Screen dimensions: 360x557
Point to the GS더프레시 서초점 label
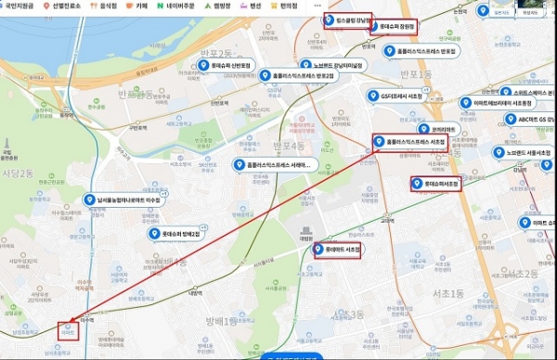tap(408, 96)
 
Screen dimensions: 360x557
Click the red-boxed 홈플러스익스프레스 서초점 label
tap(409, 142)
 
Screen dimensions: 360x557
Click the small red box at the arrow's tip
tap(65, 331)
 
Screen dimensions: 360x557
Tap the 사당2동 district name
tap(18, 174)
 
